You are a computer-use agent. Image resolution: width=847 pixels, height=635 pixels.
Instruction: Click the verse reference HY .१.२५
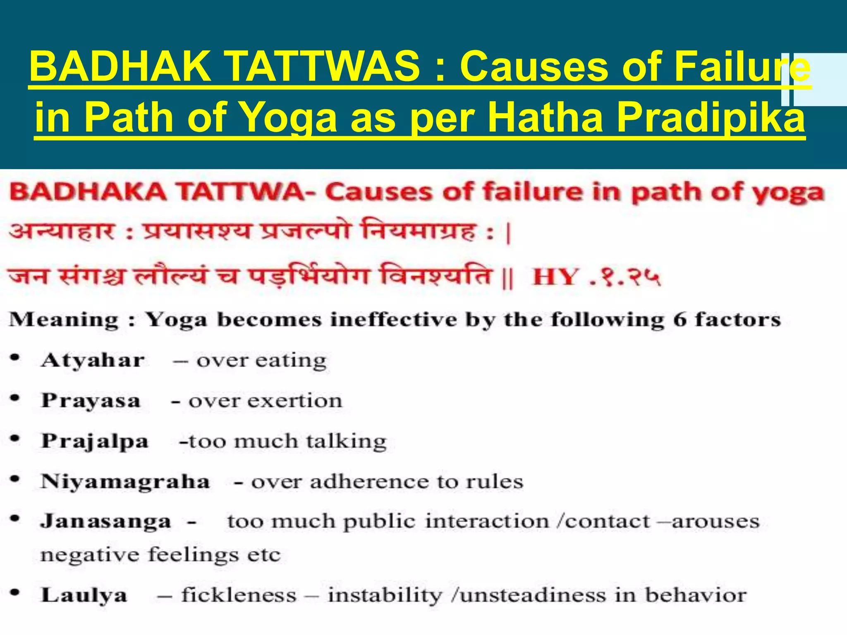coord(596,277)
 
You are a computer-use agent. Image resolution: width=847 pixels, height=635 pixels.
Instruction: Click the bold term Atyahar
coord(93,360)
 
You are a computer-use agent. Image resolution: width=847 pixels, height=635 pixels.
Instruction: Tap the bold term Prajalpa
coord(95,441)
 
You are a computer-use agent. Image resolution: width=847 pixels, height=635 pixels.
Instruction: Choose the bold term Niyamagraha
coord(125,482)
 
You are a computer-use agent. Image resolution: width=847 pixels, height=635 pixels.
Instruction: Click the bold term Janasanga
coord(105,521)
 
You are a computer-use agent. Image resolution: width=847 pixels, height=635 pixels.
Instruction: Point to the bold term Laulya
coord(84,595)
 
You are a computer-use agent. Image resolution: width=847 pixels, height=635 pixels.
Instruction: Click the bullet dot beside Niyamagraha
coord(15,480)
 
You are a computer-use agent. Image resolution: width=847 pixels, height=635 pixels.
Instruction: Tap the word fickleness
coord(239,595)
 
